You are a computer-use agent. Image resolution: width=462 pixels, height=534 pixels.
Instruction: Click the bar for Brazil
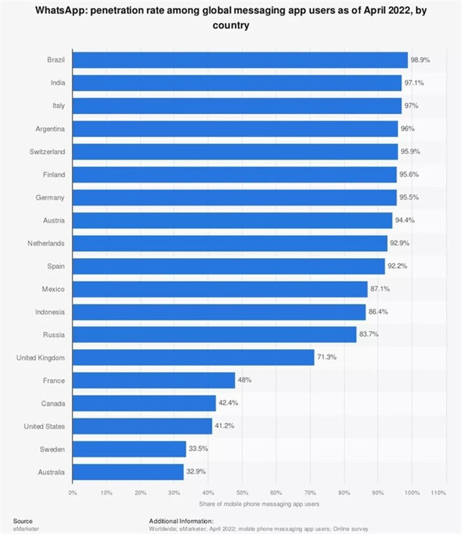point(239,60)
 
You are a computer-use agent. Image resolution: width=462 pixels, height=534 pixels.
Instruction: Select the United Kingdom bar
point(193,358)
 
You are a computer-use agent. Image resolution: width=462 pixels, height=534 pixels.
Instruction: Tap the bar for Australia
point(128,472)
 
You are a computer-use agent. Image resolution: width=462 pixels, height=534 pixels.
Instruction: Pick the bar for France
point(153,381)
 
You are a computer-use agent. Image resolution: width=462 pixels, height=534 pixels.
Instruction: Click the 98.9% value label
point(420,60)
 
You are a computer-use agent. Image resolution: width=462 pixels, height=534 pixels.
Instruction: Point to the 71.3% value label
point(326,358)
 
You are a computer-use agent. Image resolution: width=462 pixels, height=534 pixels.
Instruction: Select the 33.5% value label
point(199,449)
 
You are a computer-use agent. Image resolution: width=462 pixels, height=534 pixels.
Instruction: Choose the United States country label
point(44,426)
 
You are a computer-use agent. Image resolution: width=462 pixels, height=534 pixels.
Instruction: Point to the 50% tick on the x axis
point(242,492)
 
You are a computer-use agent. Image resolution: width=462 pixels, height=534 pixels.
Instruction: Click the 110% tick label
point(438,492)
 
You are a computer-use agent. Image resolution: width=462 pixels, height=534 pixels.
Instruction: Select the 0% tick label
point(72,492)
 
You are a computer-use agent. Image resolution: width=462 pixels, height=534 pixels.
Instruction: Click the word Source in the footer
point(23,521)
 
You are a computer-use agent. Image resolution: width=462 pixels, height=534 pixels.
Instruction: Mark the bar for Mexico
point(219,289)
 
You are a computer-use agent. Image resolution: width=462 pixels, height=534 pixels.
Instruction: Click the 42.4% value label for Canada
point(229,404)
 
